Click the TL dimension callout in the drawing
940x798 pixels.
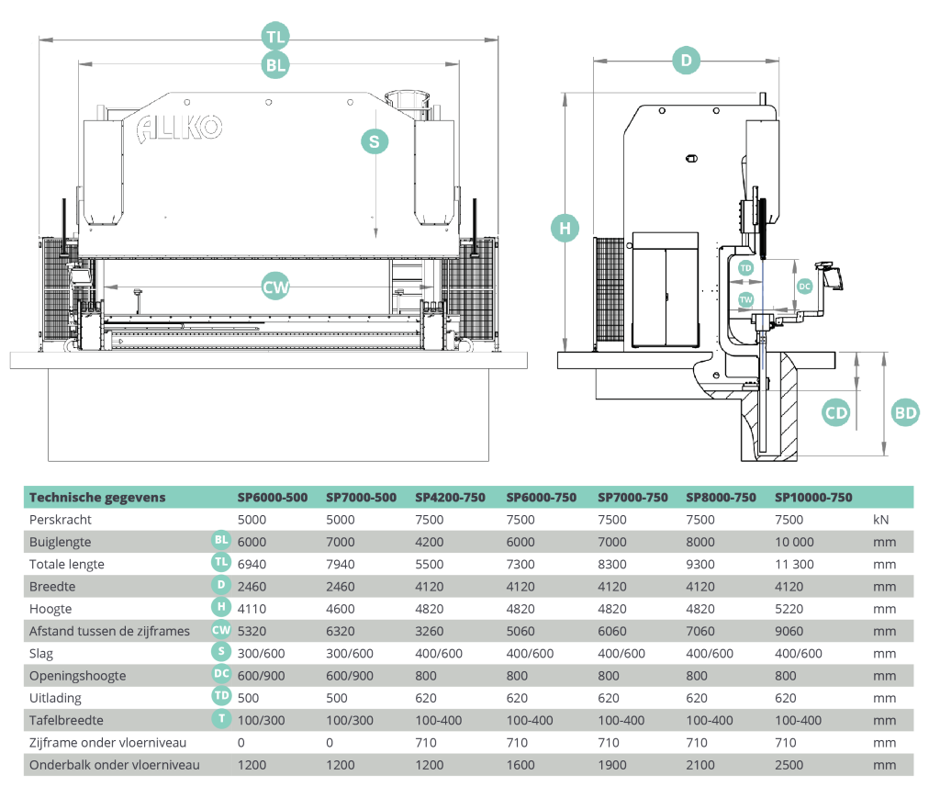275,37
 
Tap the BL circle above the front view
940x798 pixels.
275,65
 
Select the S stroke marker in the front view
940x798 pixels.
375,142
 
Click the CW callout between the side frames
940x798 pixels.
275,287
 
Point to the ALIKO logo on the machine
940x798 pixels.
179,128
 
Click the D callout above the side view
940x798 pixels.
687,60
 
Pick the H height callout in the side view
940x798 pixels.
565,228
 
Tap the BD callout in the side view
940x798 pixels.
905,412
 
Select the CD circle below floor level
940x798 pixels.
836,412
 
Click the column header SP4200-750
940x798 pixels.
450,497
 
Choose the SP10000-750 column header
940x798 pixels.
813,497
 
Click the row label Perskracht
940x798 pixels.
61,520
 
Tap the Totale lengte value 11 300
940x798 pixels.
794,564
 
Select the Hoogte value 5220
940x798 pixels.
789,609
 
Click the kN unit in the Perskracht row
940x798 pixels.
880,520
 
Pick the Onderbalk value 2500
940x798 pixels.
789,765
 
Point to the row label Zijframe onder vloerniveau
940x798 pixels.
108,743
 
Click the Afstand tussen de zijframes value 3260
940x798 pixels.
430,631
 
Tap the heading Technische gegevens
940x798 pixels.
97,497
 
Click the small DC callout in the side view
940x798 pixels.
804,287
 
